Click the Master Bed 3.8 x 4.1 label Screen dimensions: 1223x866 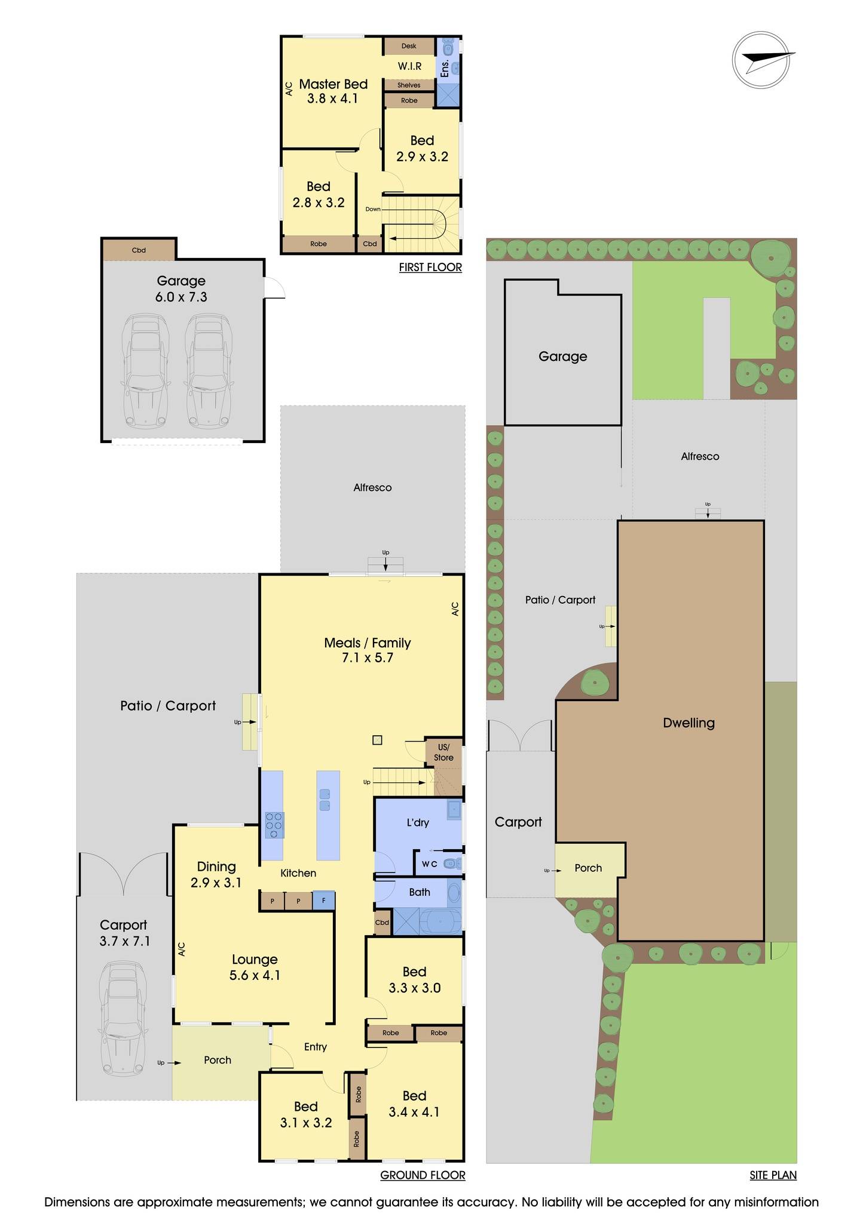(333, 91)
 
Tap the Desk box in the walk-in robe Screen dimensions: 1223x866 (409, 46)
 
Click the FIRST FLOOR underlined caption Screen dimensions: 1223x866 (430, 268)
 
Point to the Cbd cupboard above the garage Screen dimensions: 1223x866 (139, 250)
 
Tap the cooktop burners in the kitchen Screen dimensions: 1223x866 (274, 825)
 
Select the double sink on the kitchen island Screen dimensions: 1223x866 (325, 800)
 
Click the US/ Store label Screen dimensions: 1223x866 (443, 752)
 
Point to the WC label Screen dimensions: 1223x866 (430, 864)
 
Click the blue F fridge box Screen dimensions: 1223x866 (323, 901)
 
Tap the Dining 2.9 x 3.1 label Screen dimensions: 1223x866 (216, 874)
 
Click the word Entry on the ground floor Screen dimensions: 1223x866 (316, 1046)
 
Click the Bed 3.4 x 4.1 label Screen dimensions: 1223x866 (414, 1104)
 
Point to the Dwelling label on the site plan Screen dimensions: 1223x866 (688, 723)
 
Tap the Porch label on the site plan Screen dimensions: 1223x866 (588, 868)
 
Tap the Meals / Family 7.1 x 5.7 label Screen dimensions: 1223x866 (367, 650)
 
